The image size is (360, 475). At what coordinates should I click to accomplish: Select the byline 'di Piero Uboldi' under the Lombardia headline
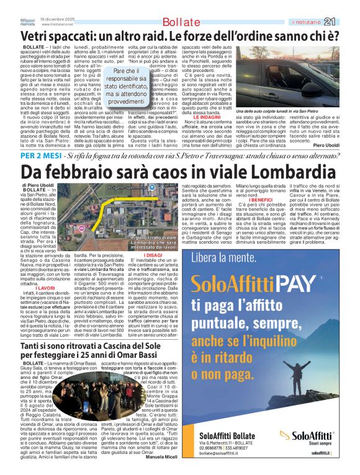point(41,185)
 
